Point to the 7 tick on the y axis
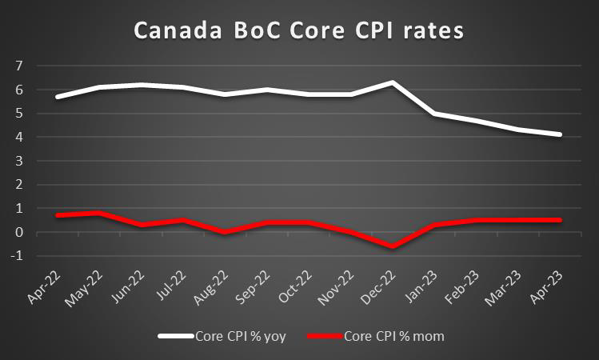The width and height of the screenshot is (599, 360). (17, 65)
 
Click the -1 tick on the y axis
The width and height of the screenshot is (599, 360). (15, 256)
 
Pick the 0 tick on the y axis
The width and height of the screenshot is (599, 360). (17, 232)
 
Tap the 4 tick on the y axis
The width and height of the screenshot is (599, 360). (17, 137)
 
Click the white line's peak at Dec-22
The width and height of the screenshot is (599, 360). (393, 82)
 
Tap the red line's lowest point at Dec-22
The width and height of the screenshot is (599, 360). (393, 246)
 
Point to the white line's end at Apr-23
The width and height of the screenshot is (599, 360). (560, 134)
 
